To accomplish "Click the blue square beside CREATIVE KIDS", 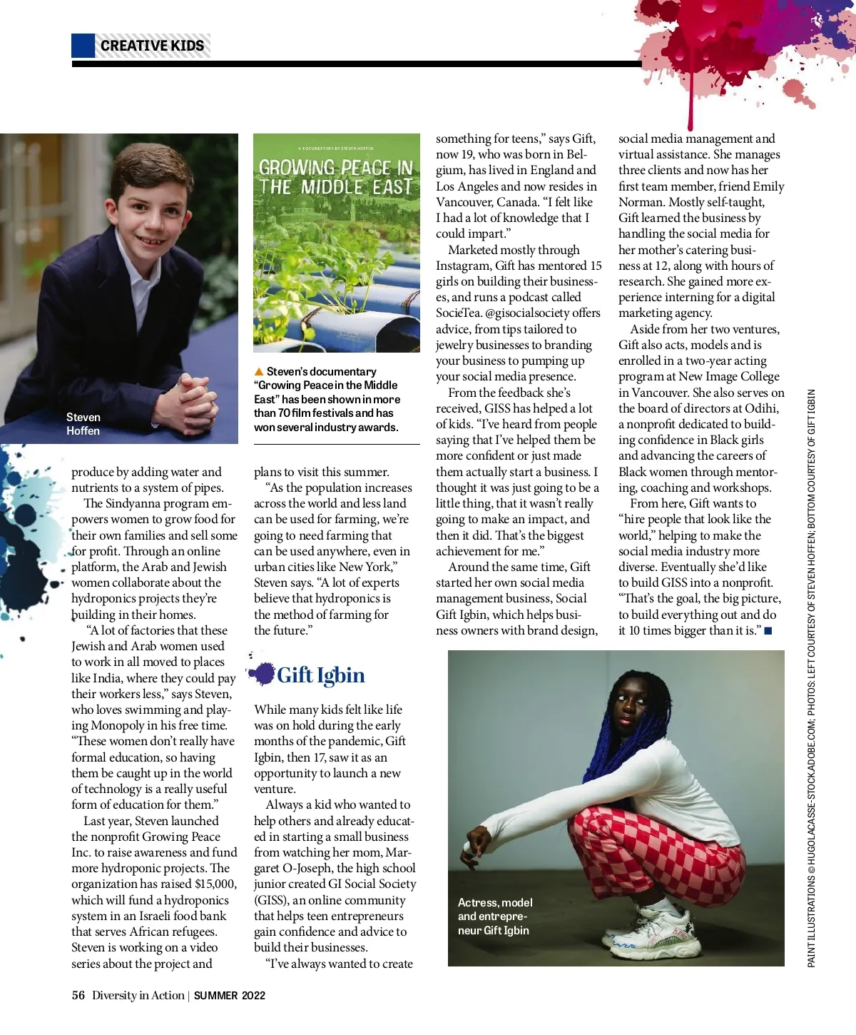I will [x=83, y=46].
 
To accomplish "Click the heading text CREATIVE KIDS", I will [x=152, y=46].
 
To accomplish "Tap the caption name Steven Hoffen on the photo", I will [x=83, y=424].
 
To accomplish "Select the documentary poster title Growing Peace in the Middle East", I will [x=335, y=178].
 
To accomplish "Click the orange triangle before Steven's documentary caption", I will [x=259, y=372].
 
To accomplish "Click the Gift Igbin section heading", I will [x=320, y=675].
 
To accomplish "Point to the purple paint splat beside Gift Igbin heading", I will [x=263, y=672].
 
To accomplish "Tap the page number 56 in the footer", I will [x=78, y=996].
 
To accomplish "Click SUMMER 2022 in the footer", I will [x=229, y=996].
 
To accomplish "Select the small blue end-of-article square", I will [x=768, y=631].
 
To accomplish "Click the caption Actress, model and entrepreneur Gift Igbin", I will [x=494, y=917].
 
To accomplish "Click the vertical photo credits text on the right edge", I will [x=811, y=678].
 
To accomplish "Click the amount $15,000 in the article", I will [x=215, y=884].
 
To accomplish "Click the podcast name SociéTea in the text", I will [x=459, y=313].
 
